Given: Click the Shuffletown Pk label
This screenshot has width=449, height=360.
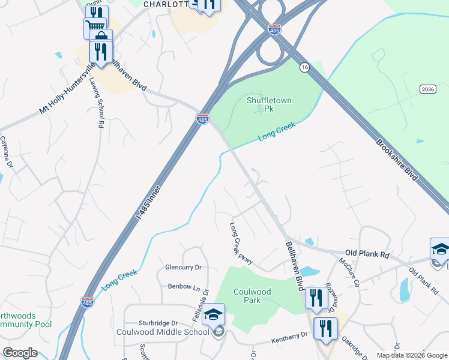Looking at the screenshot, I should click(269, 100).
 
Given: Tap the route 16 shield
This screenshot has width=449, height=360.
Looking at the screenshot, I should click(305, 67).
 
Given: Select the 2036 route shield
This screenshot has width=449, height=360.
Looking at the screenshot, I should click(427, 89).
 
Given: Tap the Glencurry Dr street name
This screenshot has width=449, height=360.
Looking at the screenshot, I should click(182, 267).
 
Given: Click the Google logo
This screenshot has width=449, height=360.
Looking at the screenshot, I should click(20, 353).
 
